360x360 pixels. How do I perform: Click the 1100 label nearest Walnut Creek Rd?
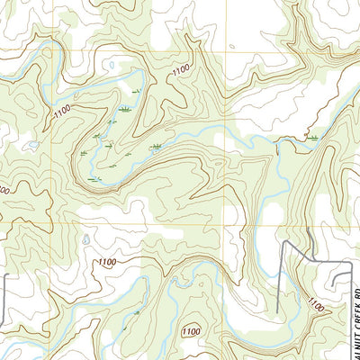click(x=316, y=307)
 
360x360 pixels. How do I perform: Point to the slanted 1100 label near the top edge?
click(x=180, y=69)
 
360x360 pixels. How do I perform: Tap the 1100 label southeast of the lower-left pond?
click(x=107, y=262)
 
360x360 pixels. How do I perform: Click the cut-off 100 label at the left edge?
click(x=4, y=192)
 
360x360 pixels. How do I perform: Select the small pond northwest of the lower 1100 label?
click(x=84, y=240)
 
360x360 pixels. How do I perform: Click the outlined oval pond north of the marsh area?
click(x=110, y=65)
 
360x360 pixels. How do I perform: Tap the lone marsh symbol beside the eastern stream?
click(x=313, y=138)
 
